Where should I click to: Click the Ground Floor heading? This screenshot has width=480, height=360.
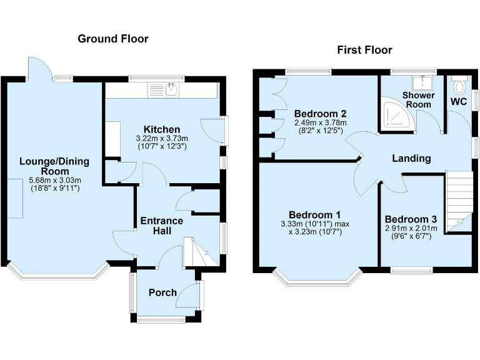112,39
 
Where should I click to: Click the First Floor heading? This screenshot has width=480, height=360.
364,50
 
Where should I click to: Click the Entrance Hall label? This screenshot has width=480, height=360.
161,226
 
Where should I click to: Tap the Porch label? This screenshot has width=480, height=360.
162,292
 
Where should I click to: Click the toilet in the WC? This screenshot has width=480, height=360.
461,86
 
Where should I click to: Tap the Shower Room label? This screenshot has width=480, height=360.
416,100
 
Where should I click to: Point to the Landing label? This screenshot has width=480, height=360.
411,158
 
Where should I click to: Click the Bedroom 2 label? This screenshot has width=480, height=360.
320,114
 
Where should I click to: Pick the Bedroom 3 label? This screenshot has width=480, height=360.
410,219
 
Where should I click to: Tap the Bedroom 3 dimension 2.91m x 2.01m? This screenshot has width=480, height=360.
410,229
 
